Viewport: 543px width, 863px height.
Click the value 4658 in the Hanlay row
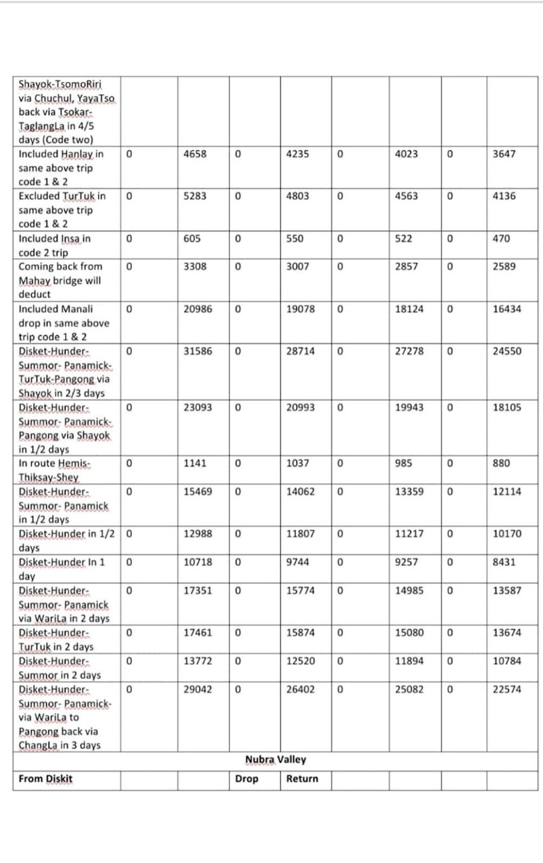(195, 154)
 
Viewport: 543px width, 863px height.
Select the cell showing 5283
(195, 196)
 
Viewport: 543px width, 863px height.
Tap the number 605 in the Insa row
(192, 239)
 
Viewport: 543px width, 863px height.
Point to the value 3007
(298, 267)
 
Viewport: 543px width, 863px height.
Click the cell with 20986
(198, 309)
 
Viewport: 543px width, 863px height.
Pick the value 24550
(507, 351)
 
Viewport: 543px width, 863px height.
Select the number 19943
(409, 407)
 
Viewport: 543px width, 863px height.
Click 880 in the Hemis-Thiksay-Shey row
(501, 464)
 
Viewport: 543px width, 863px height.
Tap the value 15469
(198, 492)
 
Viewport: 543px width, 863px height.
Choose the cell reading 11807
(300, 534)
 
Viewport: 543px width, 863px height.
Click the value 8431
(504, 562)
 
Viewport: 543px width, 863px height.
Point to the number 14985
(409, 591)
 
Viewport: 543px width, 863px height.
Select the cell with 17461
(198, 633)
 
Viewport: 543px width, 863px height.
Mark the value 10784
(507, 661)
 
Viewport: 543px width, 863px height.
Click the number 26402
(300, 689)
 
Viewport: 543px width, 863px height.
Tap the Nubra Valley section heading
(275, 760)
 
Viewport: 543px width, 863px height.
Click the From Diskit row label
(45, 779)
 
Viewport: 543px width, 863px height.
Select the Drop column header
(247, 779)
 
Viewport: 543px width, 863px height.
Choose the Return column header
(302, 779)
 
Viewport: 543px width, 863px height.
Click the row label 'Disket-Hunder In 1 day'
(62, 569)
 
